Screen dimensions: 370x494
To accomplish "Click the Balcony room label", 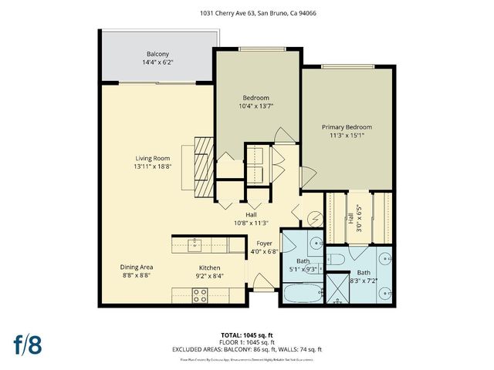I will [x=158, y=54].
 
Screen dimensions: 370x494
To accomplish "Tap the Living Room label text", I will [x=151, y=158].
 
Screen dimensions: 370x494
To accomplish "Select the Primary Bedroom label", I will [x=347, y=127].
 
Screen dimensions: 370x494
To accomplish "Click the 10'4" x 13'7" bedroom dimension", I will [x=256, y=106].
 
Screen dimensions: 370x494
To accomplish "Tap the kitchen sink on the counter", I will [x=194, y=246].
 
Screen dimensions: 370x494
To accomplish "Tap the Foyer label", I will [x=264, y=243].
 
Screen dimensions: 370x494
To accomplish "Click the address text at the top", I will [x=247, y=13].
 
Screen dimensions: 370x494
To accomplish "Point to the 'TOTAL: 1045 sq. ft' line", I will [x=247, y=335].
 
